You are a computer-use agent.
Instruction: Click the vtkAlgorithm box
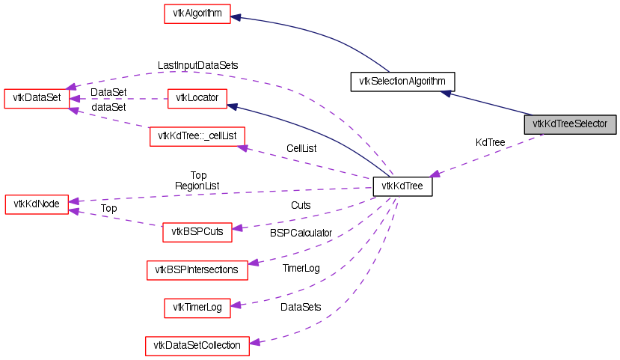coord(197,14)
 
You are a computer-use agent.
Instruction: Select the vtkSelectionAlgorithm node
coord(402,81)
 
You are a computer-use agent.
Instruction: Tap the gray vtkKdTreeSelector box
coord(570,123)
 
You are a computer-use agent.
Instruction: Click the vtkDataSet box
coord(37,98)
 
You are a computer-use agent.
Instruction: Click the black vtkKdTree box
coord(402,186)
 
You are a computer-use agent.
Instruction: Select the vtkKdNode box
coord(37,204)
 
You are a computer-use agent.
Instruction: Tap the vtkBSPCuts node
coord(197,232)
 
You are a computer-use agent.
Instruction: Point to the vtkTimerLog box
coord(197,307)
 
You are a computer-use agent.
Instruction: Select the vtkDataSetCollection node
coord(197,345)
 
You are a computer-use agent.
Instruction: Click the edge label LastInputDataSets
coord(197,66)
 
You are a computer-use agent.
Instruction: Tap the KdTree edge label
coord(490,142)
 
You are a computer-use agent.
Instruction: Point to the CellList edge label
coord(301,148)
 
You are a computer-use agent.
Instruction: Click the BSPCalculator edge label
coord(301,233)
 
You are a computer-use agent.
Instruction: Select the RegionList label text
coord(197,185)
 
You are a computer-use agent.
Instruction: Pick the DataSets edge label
coord(301,307)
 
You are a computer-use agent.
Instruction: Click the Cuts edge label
coord(301,204)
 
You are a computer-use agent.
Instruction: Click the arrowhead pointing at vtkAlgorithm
coord(236,15)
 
